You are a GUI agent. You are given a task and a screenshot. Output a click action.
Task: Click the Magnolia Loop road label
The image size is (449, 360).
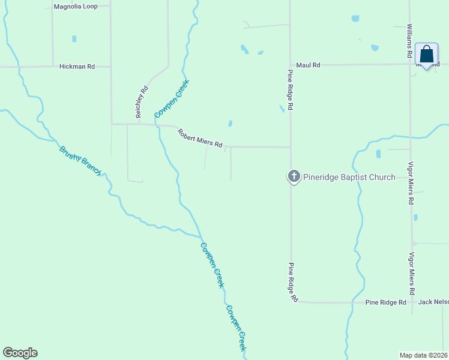[x=75, y=7]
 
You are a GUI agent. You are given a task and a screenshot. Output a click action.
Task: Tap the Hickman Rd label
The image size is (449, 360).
[x=77, y=67]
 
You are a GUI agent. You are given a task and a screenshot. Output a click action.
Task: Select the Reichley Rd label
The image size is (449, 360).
[x=141, y=102]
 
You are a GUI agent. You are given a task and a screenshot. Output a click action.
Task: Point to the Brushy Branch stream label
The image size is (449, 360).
[x=80, y=160]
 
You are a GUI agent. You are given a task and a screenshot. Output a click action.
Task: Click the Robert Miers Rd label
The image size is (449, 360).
[x=200, y=137]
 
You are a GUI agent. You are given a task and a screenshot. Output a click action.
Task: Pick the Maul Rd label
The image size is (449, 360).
[x=308, y=65]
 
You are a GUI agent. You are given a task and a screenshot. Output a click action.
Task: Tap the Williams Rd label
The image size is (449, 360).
[x=409, y=41]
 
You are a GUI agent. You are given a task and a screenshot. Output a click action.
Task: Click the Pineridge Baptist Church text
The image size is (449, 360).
[x=349, y=177]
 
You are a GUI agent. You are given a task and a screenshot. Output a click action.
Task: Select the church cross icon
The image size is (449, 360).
[x=294, y=176]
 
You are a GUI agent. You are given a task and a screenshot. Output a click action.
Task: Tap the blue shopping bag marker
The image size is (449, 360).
[x=426, y=55]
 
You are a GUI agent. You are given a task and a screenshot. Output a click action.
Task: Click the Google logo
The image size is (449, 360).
[x=20, y=353]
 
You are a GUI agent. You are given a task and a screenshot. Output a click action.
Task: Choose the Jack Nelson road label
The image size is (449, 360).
[x=433, y=302]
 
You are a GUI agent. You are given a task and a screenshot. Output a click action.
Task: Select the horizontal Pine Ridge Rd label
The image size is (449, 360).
[x=386, y=302]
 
